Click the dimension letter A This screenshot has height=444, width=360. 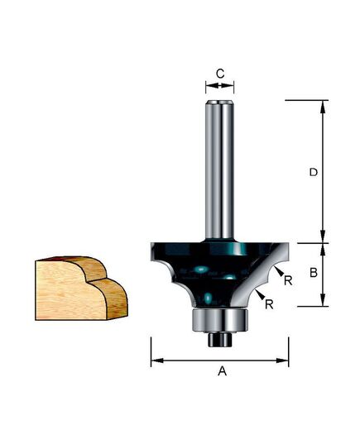(x=221, y=371)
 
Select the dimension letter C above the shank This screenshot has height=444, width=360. (x=219, y=74)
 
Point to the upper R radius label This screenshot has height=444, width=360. (x=286, y=279)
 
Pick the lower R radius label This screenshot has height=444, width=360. (x=271, y=304)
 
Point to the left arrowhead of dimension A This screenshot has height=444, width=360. (x=154, y=360)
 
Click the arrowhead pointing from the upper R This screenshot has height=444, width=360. (x=278, y=270)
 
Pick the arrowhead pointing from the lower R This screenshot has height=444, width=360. (x=260, y=294)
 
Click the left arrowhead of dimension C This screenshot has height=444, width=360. (x=209, y=85)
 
